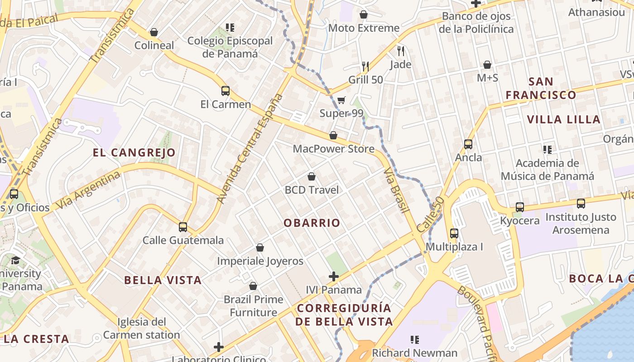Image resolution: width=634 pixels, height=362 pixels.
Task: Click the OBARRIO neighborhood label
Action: (312, 223)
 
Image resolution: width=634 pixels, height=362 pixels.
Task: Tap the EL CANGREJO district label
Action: (134, 152)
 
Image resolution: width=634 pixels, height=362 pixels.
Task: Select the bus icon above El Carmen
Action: (226, 91)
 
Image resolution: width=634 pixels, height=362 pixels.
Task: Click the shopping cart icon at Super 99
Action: (341, 100)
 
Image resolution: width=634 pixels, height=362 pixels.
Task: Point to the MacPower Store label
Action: (334, 149)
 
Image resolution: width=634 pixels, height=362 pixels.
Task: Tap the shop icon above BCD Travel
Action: (312, 176)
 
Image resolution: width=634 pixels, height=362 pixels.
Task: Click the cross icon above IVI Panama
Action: (334, 276)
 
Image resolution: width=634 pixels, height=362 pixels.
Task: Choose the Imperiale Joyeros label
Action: (260, 261)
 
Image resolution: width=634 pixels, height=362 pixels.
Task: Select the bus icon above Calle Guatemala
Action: (183, 227)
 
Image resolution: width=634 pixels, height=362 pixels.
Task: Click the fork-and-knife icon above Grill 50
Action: (365, 67)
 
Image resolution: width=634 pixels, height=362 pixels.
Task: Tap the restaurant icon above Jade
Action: (400, 51)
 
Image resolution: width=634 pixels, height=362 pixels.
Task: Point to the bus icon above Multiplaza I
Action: (454, 233)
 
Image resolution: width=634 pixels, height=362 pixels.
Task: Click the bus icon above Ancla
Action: (468, 144)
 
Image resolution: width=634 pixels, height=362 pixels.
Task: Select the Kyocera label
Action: (520, 221)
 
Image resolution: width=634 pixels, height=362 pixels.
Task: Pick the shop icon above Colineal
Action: (154, 32)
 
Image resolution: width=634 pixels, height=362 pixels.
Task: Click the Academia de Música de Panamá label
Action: (547, 170)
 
